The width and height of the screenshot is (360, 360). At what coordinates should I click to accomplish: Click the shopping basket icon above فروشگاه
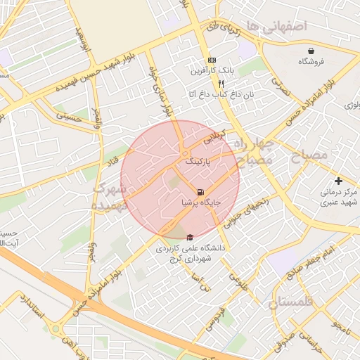[x=311, y=51]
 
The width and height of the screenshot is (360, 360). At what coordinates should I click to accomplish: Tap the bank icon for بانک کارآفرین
[x=212, y=60]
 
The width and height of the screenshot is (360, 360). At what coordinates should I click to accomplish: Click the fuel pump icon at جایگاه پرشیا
[x=201, y=192]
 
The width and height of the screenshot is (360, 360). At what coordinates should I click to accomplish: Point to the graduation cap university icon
[x=189, y=238]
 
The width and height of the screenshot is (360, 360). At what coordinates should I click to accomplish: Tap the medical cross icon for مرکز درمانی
[x=339, y=181]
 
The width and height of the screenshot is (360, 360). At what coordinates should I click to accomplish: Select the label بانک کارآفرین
[x=212, y=71]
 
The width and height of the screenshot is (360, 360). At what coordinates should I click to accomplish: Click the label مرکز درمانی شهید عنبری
[x=338, y=197]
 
